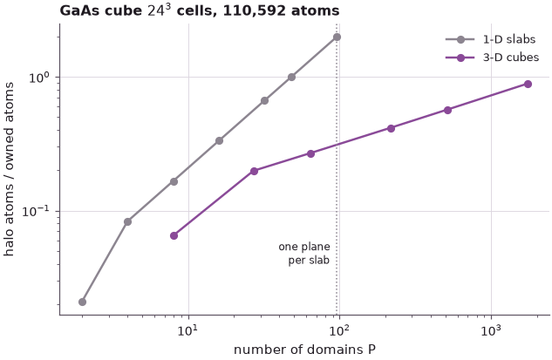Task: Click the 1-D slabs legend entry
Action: tap(491, 39)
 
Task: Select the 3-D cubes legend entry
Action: tap(492, 57)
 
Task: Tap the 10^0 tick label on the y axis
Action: tap(40, 77)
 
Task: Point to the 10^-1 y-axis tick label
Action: tap(37, 211)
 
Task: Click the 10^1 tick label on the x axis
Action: tap(189, 330)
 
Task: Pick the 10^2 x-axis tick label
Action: tap(340, 330)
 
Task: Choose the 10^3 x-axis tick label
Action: tap(492, 330)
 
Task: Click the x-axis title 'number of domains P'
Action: tap(304, 350)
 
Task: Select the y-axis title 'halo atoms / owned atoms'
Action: tap(9, 169)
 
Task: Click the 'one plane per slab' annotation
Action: tap(304, 254)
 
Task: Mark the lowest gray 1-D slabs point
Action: tap(82, 302)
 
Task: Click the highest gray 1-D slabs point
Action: tap(337, 37)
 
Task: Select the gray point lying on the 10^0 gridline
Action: tap(291, 77)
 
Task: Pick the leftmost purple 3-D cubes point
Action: tap(174, 235)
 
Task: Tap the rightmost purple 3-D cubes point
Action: tap(528, 84)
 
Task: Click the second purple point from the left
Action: tap(254, 171)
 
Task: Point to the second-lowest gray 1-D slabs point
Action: tap(128, 221)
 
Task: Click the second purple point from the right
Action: tap(448, 110)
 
